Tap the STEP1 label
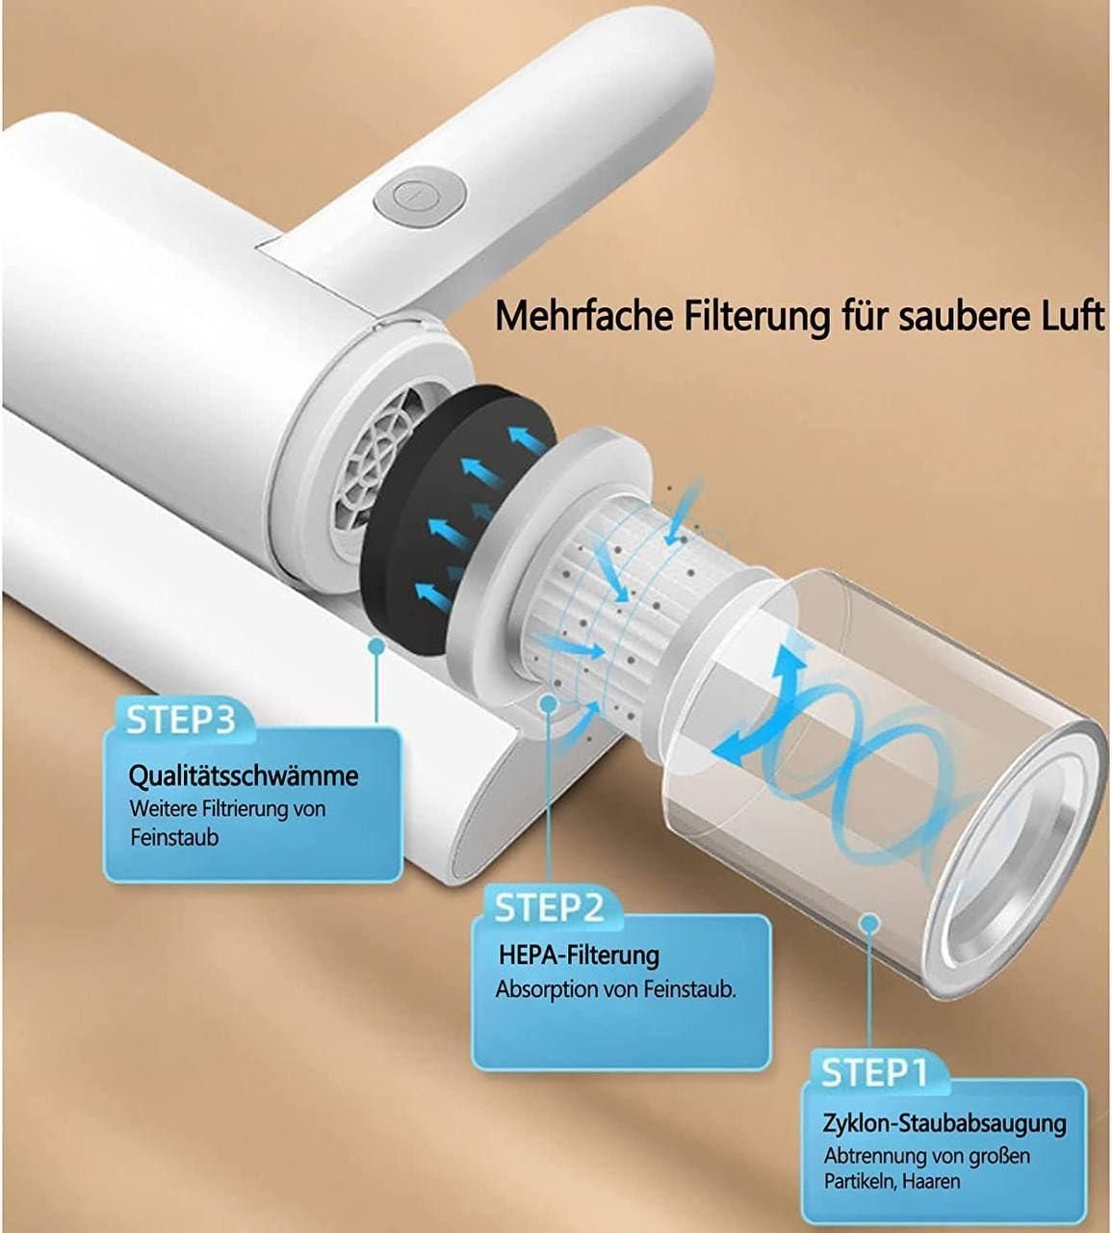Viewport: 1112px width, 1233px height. point(874,1072)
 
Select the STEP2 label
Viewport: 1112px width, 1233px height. point(548,907)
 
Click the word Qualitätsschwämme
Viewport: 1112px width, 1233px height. point(244,775)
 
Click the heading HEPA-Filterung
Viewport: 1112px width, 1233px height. point(579,955)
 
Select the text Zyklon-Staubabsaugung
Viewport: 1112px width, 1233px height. point(944,1123)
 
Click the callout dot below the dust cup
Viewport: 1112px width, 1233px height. point(870,923)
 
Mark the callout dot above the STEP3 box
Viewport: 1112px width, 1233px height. point(375,647)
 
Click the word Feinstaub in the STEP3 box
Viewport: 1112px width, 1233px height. point(174,837)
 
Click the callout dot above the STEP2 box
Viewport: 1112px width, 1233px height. point(548,704)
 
